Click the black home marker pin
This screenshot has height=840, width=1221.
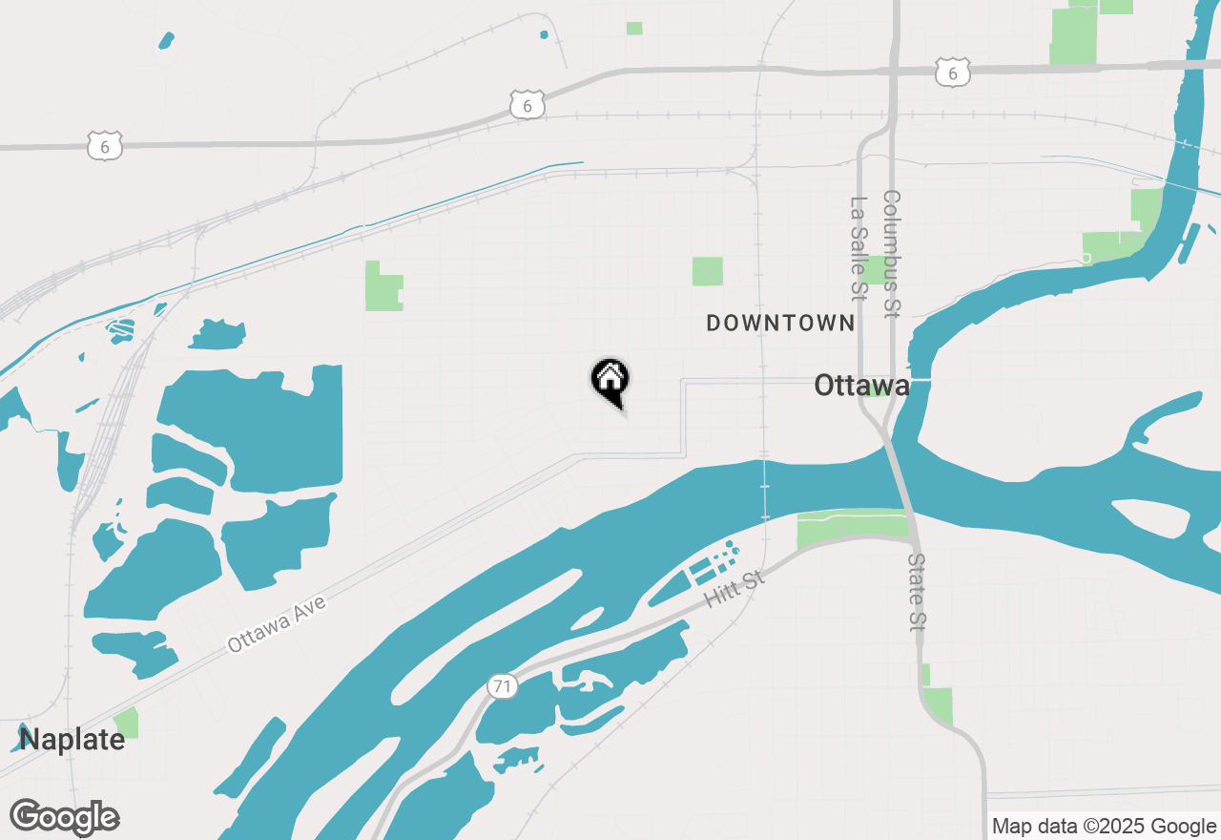(x=610, y=381)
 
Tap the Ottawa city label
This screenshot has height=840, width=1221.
(x=861, y=386)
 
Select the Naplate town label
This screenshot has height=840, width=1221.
(x=72, y=739)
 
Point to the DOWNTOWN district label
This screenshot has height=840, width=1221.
(x=780, y=324)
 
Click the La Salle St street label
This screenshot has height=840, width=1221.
(x=859, y=249)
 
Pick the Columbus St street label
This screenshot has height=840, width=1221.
(x=891, y=253)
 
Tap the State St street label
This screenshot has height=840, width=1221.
(x=918, y=592)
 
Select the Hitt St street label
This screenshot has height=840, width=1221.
(x=735, y=589)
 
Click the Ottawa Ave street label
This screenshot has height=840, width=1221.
(x=277, y=626)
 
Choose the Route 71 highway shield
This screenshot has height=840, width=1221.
(x=502, y=685)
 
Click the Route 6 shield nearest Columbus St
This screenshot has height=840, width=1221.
(x=952, y=72)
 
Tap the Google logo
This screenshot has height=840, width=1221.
(x=65, y=818)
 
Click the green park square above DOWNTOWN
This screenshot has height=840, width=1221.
(x=708, y=271)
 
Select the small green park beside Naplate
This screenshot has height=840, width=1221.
(x=126, y=723)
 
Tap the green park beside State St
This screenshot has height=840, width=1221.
(x=938, y=705)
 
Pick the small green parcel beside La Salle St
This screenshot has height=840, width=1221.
(x=873, y=269)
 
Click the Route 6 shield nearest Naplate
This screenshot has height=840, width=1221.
(x=104, y=146)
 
